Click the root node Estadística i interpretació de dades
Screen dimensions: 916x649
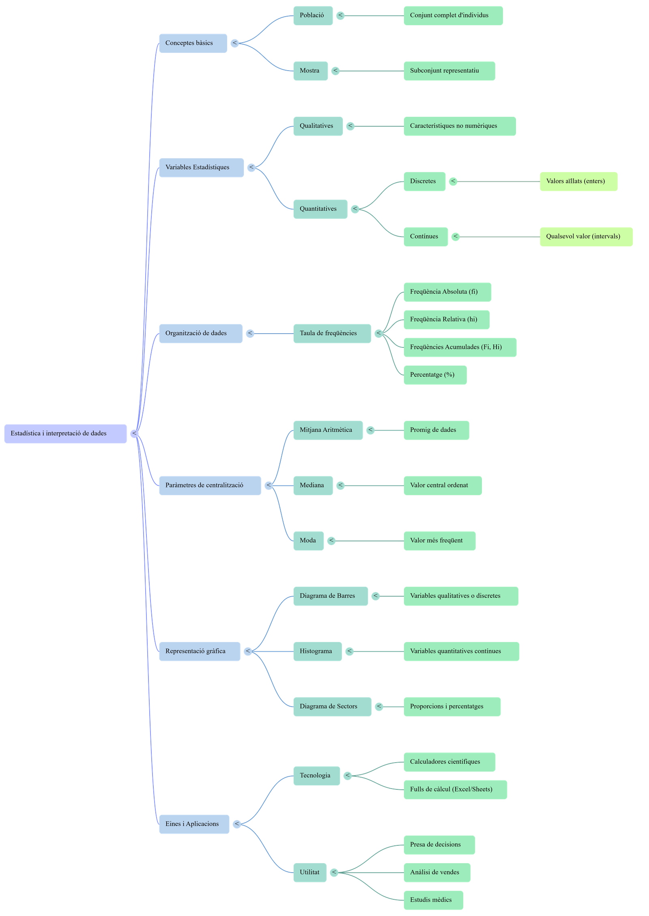pos(65,433)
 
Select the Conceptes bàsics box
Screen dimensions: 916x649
pos(193,43)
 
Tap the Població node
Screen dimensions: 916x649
pos(313,15)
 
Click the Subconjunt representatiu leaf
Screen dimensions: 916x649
pos(449,71)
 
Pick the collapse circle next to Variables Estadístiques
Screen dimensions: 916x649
pos(251,167)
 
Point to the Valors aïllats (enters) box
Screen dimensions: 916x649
pos(578,181)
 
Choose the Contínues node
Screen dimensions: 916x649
pos(426,237)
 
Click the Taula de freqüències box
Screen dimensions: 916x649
pos(332,333)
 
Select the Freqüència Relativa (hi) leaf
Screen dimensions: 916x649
pos(446,319)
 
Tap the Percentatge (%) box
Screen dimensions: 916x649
pos(435,375)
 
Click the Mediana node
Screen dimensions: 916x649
pos(313,485)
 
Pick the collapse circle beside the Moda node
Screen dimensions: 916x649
pos(331,541)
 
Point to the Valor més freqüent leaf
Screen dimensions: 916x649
pos(439,541)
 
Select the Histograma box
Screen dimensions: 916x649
pos(317,651)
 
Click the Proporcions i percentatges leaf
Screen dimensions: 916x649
pos(452,707)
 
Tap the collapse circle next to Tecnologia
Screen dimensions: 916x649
pos(348,776)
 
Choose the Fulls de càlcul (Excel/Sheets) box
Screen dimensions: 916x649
pos(455,789)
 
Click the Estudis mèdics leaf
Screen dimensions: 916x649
pos(433,900)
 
